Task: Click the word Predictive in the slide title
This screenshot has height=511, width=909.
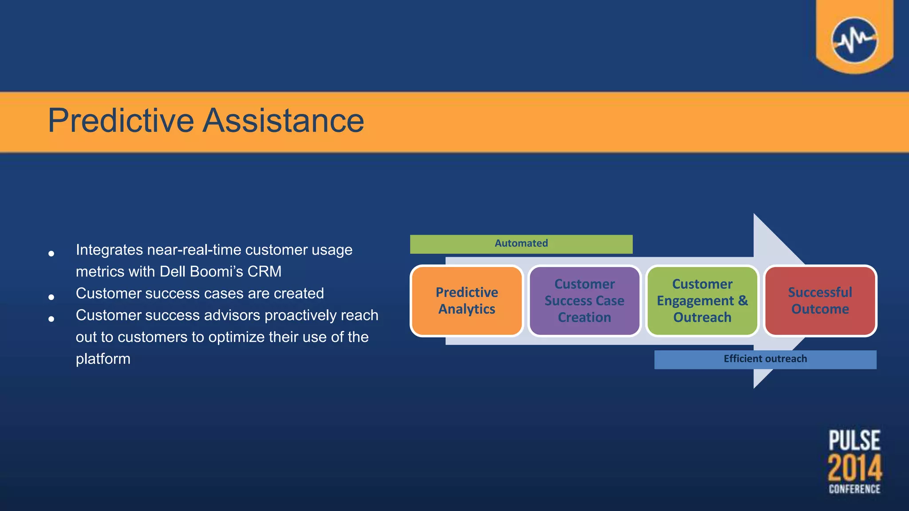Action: tap(121, 121)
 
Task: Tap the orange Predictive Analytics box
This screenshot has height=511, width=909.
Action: tap(466, 301)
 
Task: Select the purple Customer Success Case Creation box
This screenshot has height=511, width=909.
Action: tap(584, 301)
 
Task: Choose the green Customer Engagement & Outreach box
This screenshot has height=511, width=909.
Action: tap(702, 301)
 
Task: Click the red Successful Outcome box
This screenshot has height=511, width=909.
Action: tap(820, 301)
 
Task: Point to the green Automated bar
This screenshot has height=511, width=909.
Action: tap(521, 244)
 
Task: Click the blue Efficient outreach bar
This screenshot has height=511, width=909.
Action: tap(765, 359)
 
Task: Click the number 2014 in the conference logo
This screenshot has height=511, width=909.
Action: tap(854, 468)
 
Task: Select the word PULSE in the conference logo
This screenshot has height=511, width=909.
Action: tap(854, 440)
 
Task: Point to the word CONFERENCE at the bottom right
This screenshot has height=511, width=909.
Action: tap(854, 489)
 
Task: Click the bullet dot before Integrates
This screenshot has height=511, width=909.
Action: tap(51, 253)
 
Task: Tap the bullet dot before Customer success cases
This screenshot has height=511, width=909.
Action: tap(51, 297)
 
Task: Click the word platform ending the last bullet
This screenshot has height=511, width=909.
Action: tap(103, 358)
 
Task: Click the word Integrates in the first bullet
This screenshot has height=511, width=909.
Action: tap(109, 250)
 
